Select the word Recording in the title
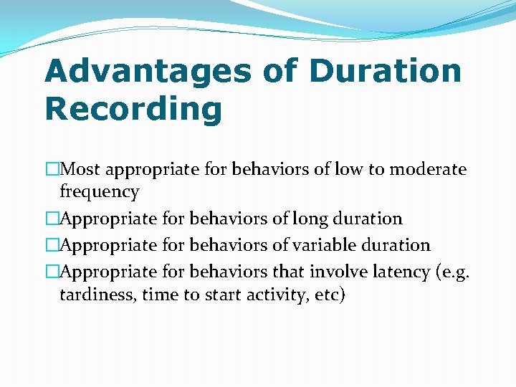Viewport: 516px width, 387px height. pos(133,110)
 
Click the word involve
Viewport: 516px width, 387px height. pos(336,272)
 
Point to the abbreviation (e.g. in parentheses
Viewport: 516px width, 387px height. pos(450,272)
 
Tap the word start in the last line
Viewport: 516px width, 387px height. pos(219,294)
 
